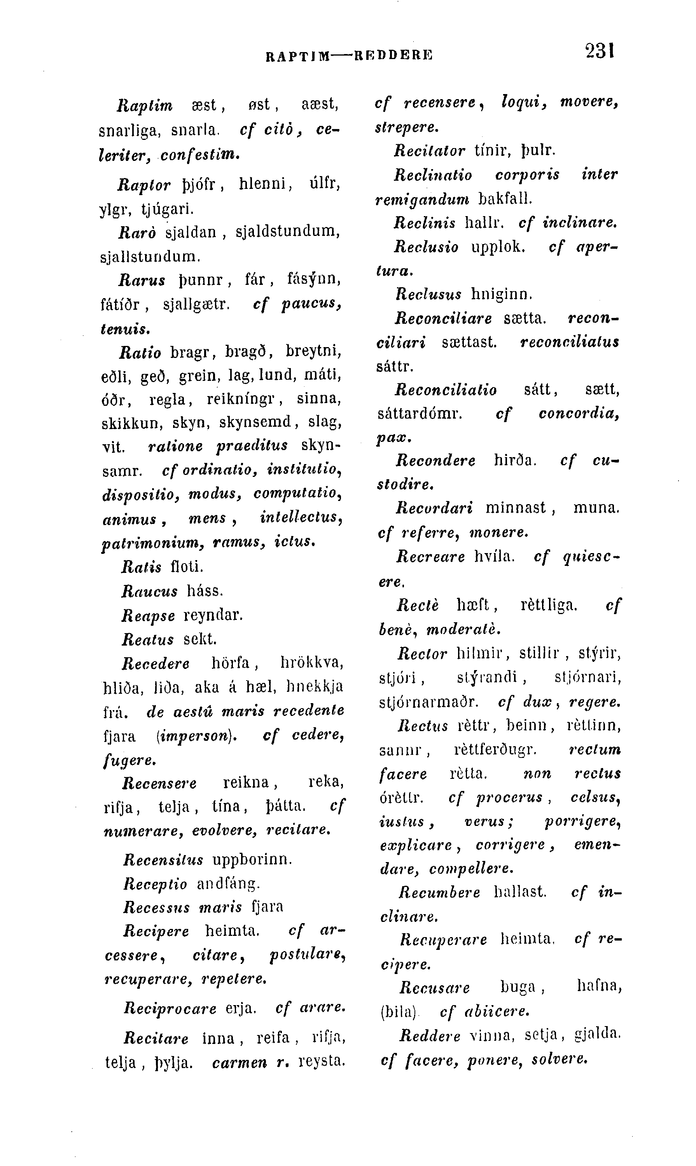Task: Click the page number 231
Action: click(x=600, y=51)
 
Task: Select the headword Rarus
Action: click(x=142, y=280)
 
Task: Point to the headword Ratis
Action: click(x=141, y=567)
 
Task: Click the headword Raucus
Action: click(x=150, y=591)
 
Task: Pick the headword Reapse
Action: click(x=148, y=616)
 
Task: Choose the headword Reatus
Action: click(x=148, y=639)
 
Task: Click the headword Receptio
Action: click(x=155, y=884)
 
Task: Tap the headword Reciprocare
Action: click(x=170, y=1009)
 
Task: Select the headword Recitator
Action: click(x=430, y=150)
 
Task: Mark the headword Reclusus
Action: click(x=428, y=295)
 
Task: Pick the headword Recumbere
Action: click(x=439, y=893)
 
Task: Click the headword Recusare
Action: click(x=435, y=988)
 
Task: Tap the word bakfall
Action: click(x=505, y=199)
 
